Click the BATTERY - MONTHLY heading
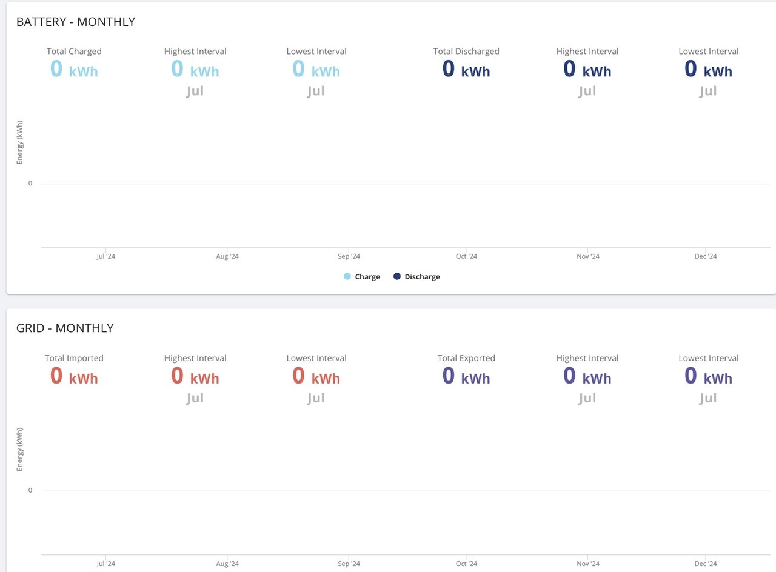coord(76,22)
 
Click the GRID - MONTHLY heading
coord(65,328)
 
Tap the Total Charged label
coord(74,52)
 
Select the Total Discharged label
coord(466,52)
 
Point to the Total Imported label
coord(74,358)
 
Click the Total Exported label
coord(466,358)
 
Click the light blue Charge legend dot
coord(347,276)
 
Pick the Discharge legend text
coord(423,277)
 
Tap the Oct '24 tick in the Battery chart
coord(466,256)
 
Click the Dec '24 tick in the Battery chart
coord(705,256)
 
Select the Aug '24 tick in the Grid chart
coord(227,564)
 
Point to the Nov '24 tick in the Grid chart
coord(588,564)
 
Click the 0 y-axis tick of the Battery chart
coord(30,183)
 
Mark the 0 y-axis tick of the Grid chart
coord(30,490)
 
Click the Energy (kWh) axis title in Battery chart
coord(20,142)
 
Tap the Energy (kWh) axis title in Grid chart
coord(20,450)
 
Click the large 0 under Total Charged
coord(56,68)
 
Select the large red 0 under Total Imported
coord(56,375)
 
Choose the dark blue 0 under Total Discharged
coord(448,68)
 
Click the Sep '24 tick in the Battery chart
coord(349,256)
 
